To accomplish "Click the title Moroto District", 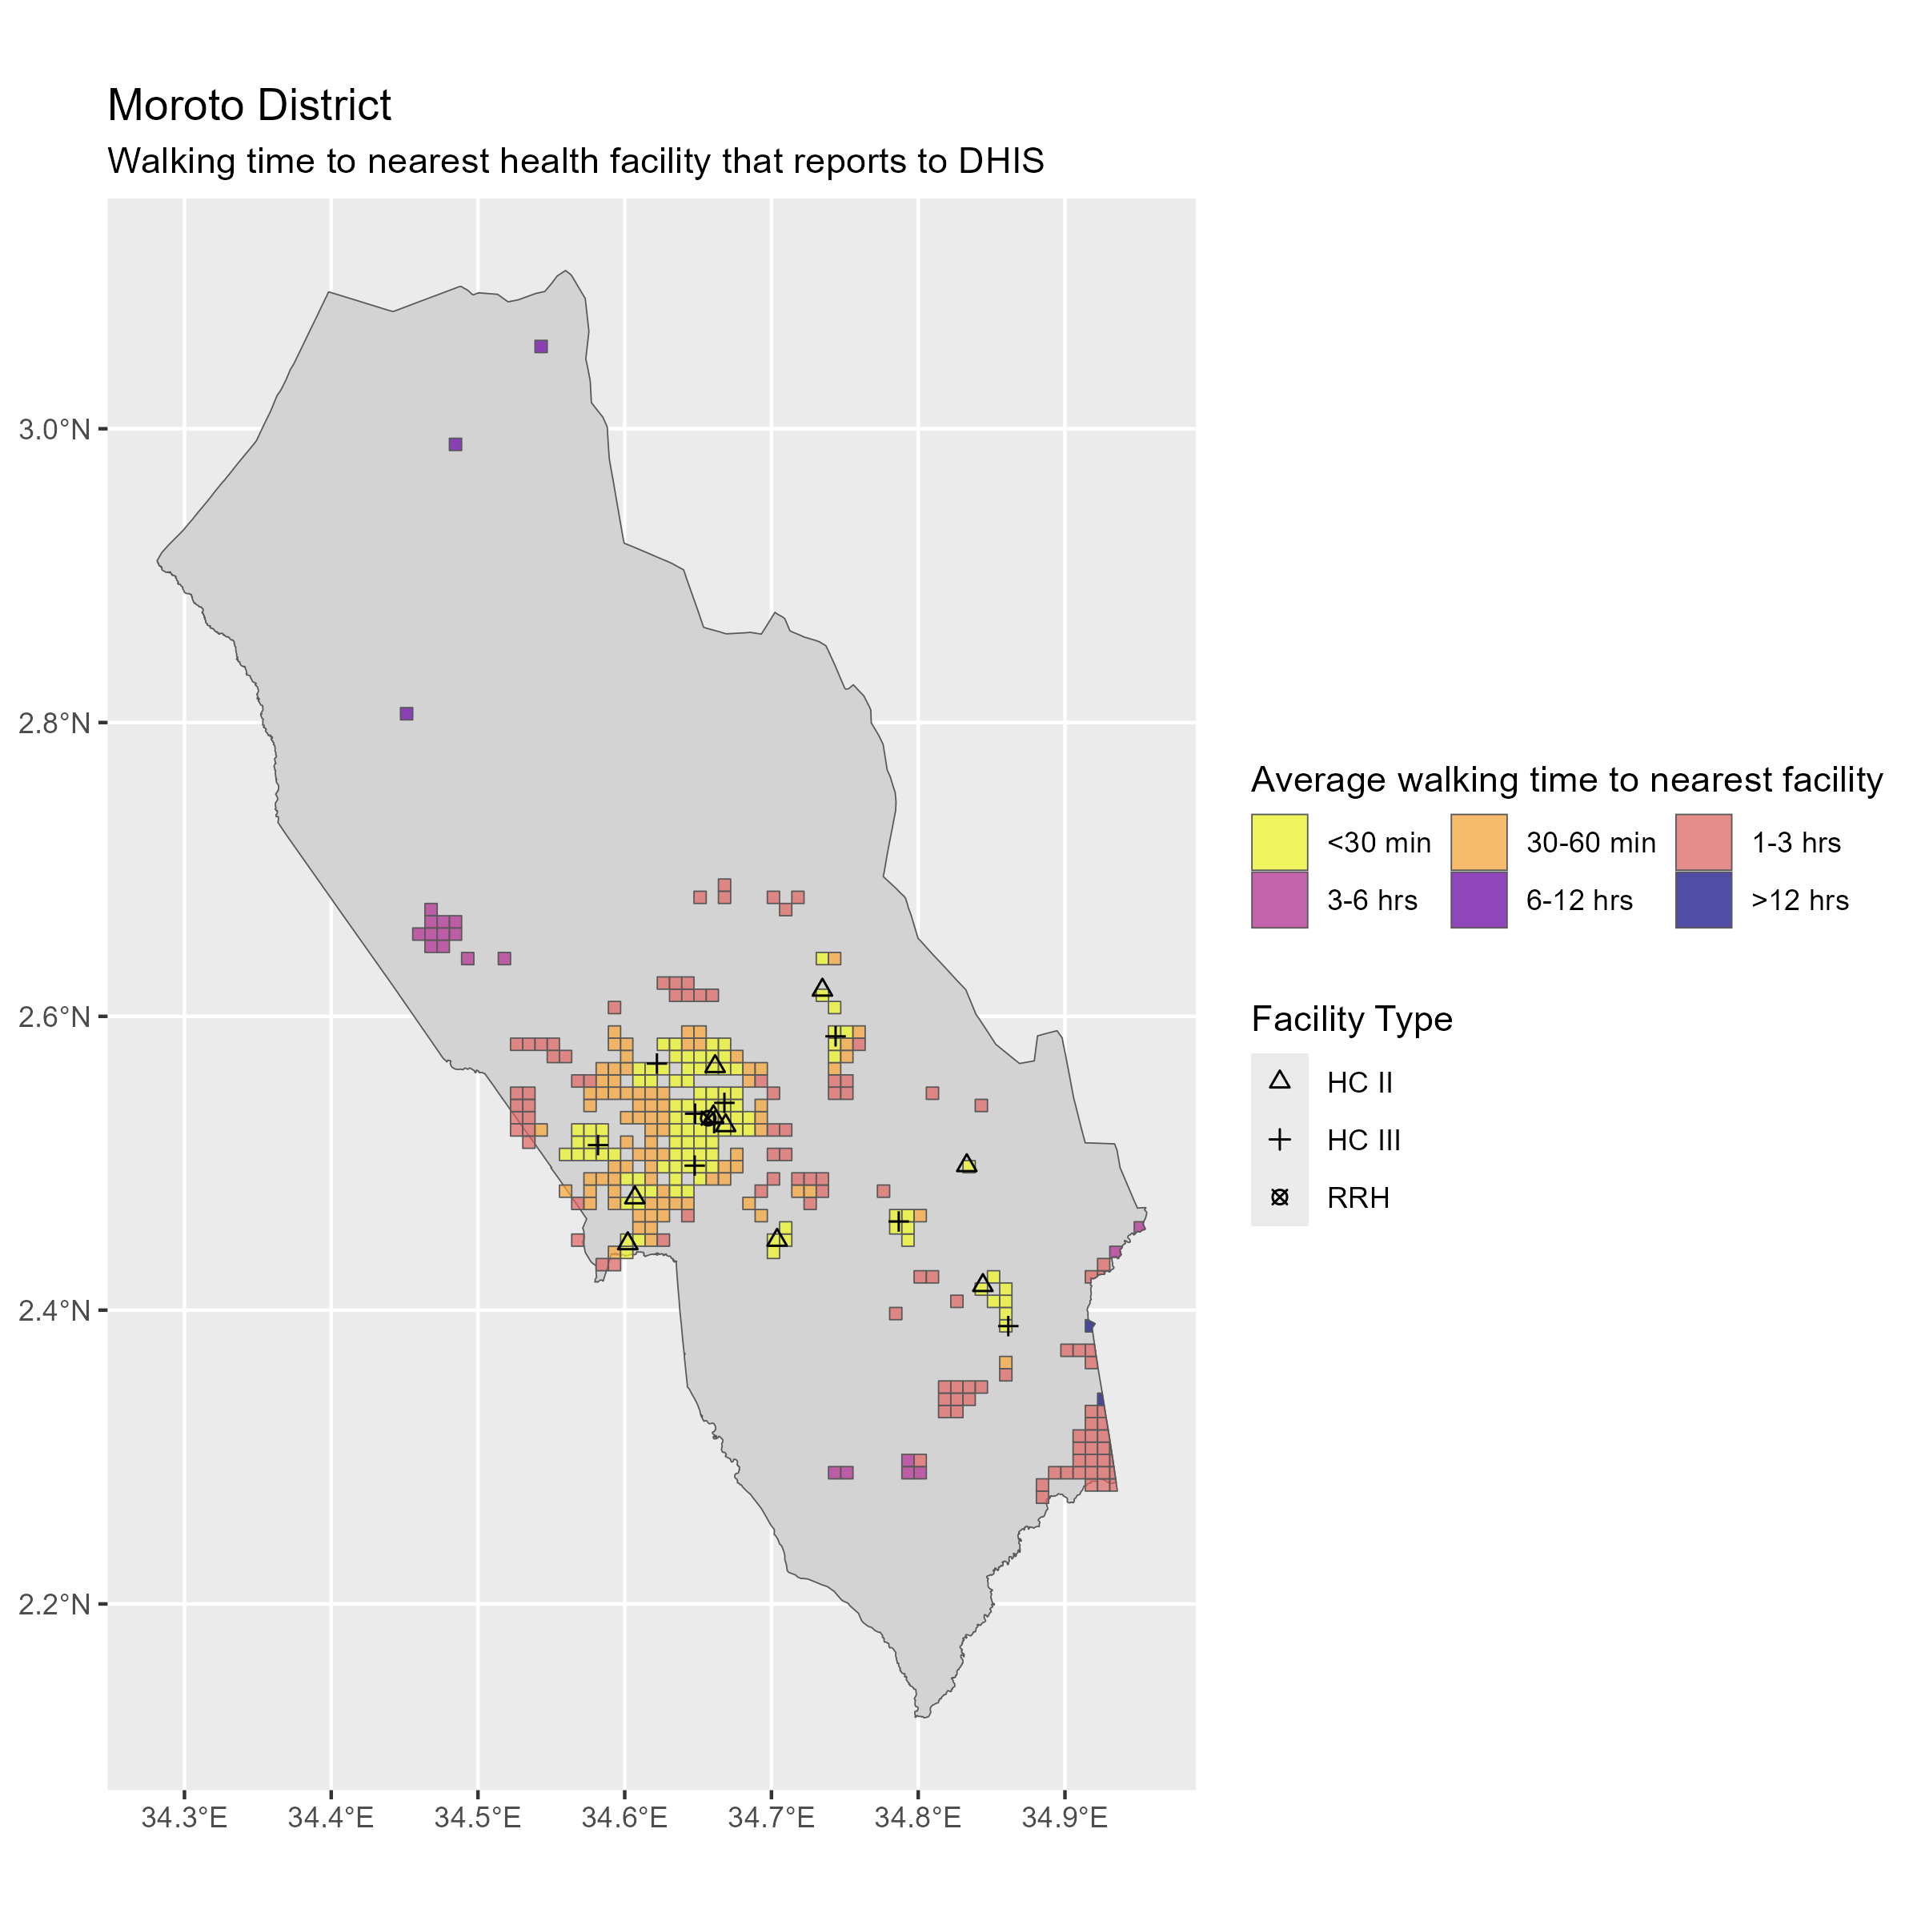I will click(249, 106).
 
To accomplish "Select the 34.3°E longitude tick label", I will click(184, 1819).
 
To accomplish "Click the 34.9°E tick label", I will click(1065, 1819).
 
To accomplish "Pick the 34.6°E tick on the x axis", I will click(624, 1819).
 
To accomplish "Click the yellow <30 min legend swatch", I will click(1279, 843).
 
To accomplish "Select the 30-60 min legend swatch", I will click(1478, 843).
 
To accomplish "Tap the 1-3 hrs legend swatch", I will click(1703, 843).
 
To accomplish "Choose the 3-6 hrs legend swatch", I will click(1279, 900).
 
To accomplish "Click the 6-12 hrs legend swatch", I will click(1478, 900).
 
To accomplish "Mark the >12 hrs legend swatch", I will click(1703, 900).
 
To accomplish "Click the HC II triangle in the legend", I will click(1280, 1081).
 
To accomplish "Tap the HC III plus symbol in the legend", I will click(1280, 1140).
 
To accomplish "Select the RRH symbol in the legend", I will click(1280, 1197).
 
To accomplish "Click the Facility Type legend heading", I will click(1351, 1019).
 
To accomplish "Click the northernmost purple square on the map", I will click(541, 346).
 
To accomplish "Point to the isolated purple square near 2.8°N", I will click(406, 714).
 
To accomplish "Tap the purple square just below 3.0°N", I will click(455, 444).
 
